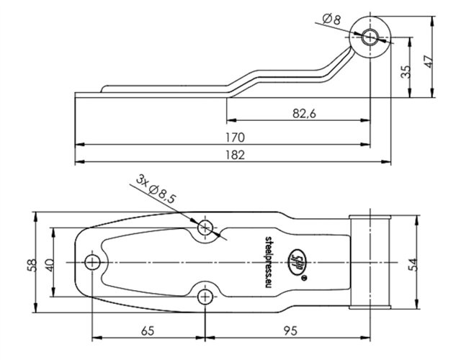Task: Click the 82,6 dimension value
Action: coord(304,113)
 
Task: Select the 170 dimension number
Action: coord(235,138)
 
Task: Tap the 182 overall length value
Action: coord(235,155)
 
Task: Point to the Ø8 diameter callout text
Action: coord(331,19)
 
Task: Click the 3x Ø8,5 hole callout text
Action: coord(156,189)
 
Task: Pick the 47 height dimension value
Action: coord(429,61)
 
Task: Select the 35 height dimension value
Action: coord(406,72)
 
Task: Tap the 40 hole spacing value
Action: coord(50,265)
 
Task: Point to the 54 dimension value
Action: coord(413,264)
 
